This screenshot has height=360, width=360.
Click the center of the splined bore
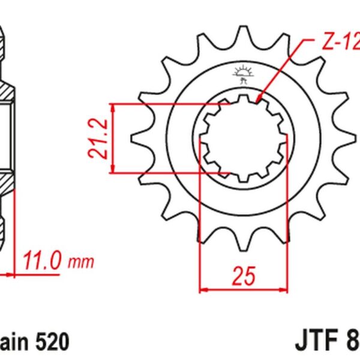click(x=243, y=138)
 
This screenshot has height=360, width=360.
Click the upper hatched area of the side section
click(x=5, y=90)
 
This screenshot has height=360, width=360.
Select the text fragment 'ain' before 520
click(x=14, y=342)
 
